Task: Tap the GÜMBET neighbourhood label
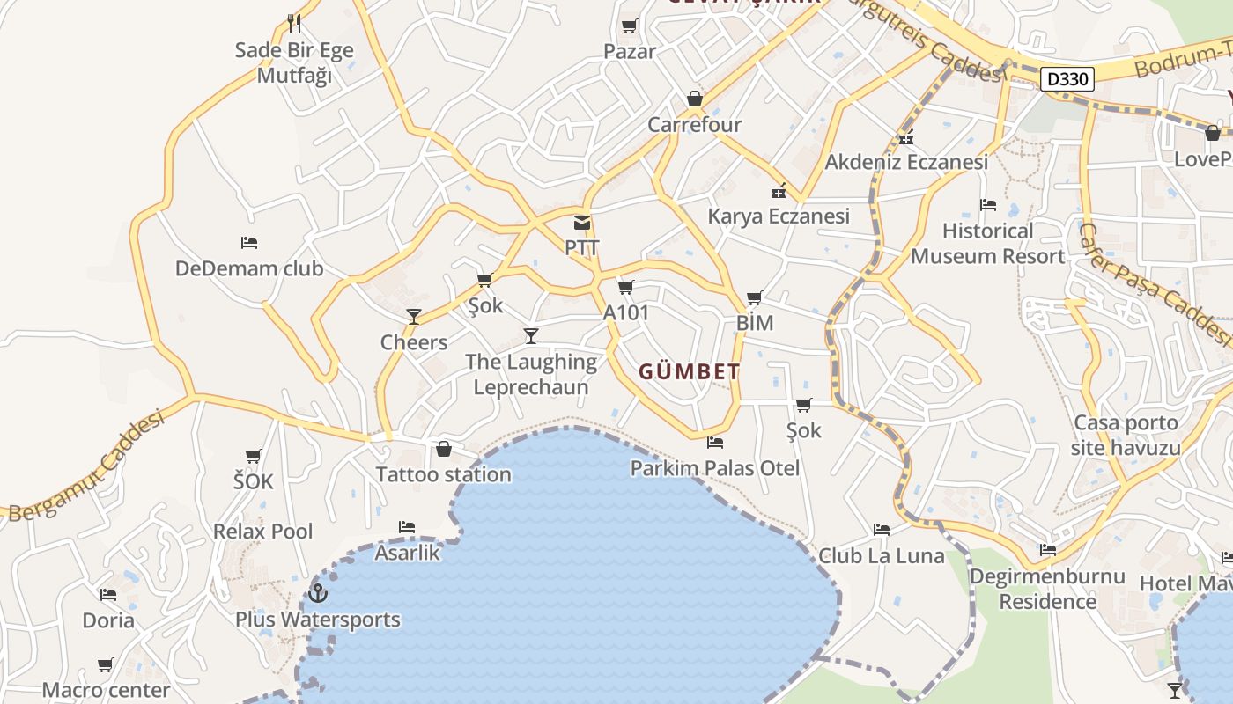pyautogui.click(x=689, y=372)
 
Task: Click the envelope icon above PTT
pyautogui.click(x=581, y=223)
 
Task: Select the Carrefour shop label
pyautogui.click(x=694, y=125)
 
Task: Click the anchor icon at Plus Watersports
pyautogui.click(x=317, y=593)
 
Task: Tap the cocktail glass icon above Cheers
pyautogui.click(x=413, y=317)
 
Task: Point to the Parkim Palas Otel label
pyautogui.click(x=714, y=468)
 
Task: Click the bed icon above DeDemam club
pyautogui.click(x=249, y=243)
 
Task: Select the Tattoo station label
pyautogui.click(x=443, y=475)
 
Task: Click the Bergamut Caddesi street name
pyautogui.click(x=86, y=466)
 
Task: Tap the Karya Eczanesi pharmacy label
pyautogui.click(x=779, y=216)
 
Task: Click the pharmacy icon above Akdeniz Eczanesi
pyautogui.click(x=906, y=138)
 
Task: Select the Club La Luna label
pyautogui.click(x=881, y=556)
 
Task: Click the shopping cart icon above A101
pyautogui.click(x=626, y=287)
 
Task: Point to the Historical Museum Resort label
pyautogui.click(x=987, y=244)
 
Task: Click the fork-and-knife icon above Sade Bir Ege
pyautogui.click(x=294, y=24)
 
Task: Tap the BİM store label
pyautogui.click(x=755, y=323)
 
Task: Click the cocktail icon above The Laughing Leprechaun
pyautogui.click(x=531, y=335)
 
